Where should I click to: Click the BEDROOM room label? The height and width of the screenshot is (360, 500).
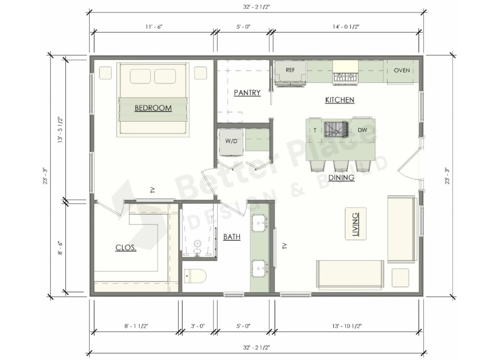pos(153,108)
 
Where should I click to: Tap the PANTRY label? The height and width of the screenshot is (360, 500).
pos(247,93)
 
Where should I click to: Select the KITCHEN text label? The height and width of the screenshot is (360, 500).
pos(339,100)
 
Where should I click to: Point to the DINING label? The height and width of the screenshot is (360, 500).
pos(341,178)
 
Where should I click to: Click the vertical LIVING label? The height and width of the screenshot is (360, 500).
pos(355,223)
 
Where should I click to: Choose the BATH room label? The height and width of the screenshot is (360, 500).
pos(231,237)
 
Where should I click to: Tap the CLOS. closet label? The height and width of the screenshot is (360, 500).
pos(126,247)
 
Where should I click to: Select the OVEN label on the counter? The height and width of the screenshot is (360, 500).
pos(402,70)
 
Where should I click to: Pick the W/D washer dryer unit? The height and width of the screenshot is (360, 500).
pos(231,142)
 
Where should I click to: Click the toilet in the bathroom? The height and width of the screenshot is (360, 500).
pos(195,276)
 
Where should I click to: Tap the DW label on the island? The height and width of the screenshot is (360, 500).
pos(362,130)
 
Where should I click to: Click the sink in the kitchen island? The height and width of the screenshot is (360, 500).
pos(337,129)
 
